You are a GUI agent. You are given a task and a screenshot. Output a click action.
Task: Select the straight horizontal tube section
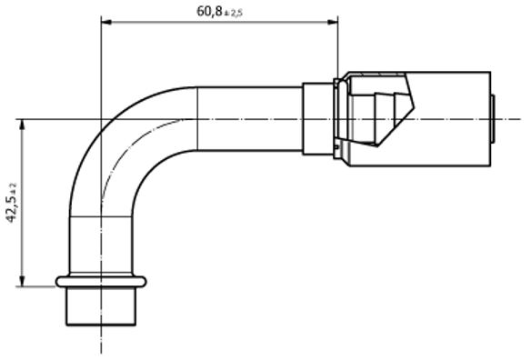249,119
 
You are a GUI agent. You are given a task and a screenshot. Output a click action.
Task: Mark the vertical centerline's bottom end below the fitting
101,349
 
